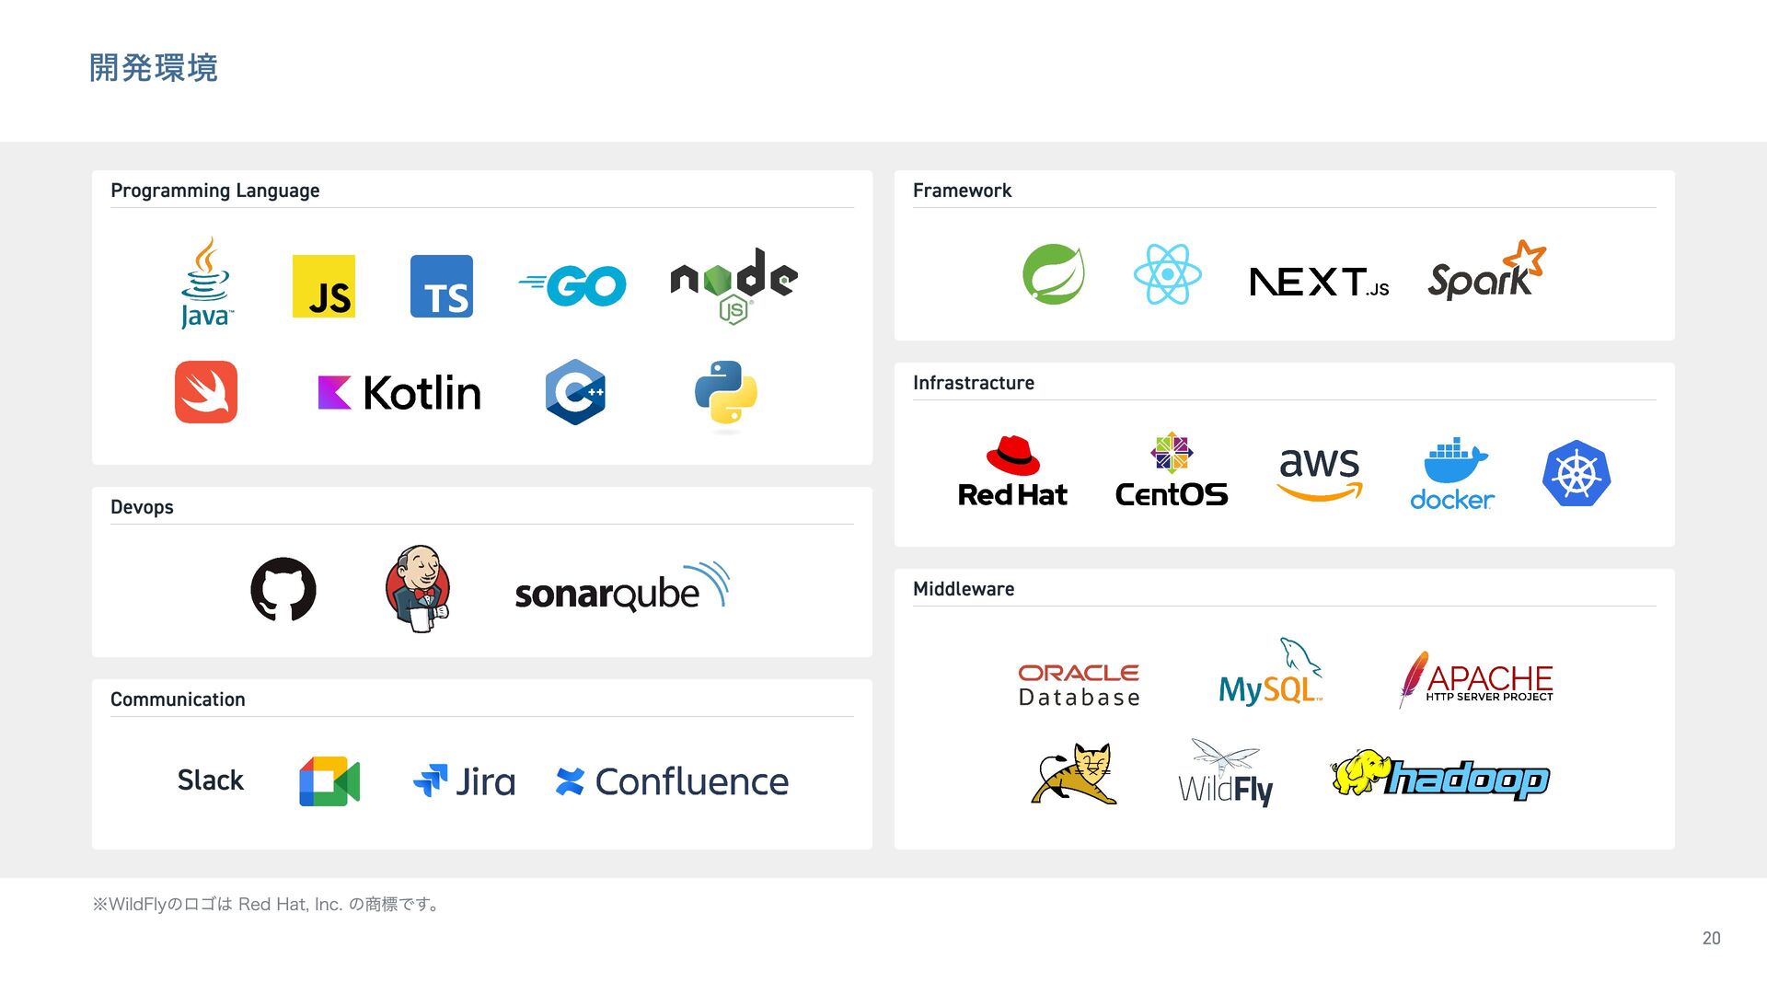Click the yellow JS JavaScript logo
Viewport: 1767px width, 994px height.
pos(323,286)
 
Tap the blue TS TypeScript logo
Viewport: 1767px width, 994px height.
pos(441,286)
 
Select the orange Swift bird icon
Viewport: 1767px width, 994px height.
pos(206,392)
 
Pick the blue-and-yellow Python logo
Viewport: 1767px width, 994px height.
pos(726,393)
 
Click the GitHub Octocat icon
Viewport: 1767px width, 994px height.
pos(283,589)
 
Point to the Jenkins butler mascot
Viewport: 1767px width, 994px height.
pos(418,588)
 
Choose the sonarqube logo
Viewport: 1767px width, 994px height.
pos(622,589)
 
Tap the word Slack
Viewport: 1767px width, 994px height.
pos(211,780)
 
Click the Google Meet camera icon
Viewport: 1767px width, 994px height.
pos(329,781)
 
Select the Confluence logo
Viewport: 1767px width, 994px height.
pos(673,781)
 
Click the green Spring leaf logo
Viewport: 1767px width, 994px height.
pos(1053,274)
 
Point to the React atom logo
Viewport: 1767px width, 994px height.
pos(1167,274)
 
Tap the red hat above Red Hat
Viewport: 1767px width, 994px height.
pos(1012,455)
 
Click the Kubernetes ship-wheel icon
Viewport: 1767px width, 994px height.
pos(1576,474)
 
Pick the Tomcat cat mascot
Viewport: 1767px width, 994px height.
pos(1075,774)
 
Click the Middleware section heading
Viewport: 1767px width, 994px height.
pos(964,589)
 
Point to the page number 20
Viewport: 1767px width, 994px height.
pos(1711,938)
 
